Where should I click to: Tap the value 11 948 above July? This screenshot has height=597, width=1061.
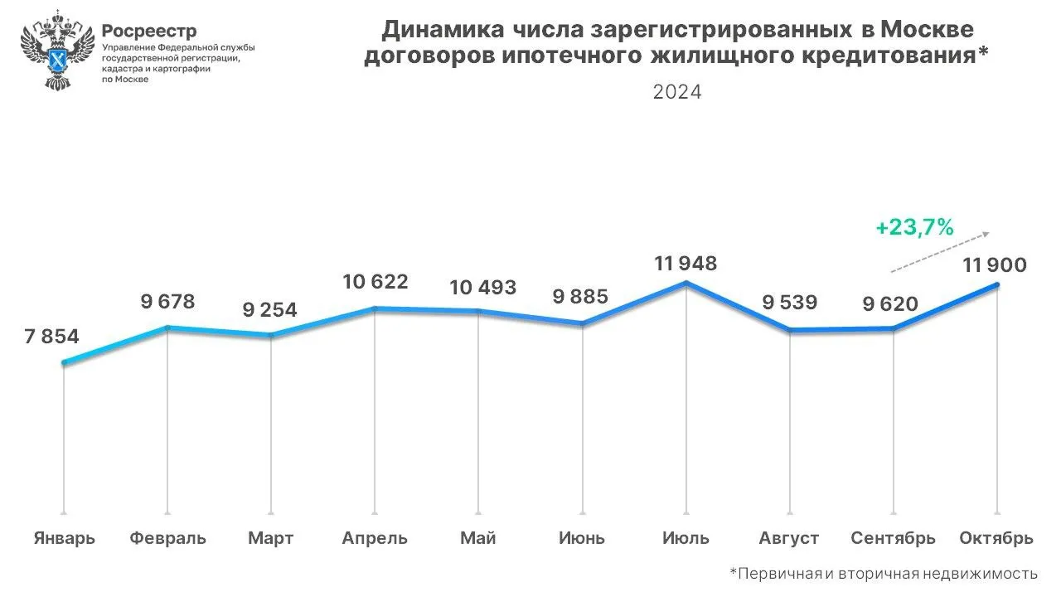[685, 264]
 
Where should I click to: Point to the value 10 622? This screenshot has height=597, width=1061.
[375, 282]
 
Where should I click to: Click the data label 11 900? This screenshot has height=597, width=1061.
[995, 265]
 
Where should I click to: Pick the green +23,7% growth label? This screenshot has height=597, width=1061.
[914, 226]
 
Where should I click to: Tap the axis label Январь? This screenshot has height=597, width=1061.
[65, 538]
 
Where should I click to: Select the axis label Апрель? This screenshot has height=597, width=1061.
[375, 538]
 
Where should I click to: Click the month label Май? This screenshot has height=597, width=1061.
[478, 538]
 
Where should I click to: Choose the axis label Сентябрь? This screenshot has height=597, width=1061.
[893, 538]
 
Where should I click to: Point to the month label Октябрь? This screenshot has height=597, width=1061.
[996, 538]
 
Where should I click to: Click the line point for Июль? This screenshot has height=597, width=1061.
[686, 284]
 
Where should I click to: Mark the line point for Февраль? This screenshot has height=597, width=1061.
[168, 328]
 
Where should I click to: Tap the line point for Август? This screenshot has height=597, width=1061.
[790, 330]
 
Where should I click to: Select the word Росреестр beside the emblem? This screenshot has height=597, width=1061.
[149, 32]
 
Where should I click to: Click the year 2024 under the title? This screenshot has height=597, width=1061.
[677, 92]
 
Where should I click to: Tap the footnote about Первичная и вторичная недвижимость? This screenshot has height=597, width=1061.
[884, 573]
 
